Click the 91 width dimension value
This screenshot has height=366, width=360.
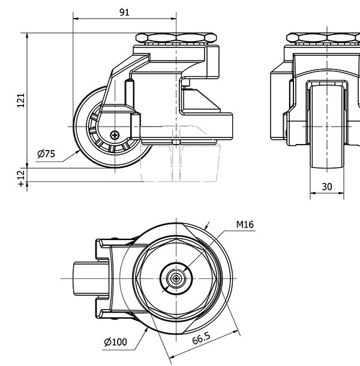pos(124,12)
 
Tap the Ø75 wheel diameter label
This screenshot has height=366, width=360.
pos(46,154)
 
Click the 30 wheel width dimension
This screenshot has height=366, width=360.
pos(327,187)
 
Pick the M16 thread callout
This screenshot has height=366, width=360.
pos(245,225)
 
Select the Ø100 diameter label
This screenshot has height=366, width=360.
pos(115,342)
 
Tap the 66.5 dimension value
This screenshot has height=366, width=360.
pos(202,339)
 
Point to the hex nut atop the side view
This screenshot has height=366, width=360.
pos(175,38)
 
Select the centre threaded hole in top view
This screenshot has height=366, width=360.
pos(176,278)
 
